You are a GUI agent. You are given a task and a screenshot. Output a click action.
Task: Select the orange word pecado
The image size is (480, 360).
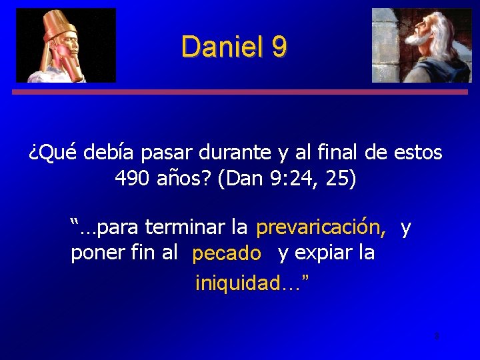(226, 254)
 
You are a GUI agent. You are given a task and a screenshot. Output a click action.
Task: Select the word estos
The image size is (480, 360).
(417, 153)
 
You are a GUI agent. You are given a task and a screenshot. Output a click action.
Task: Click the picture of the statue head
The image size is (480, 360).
(65, 45)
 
